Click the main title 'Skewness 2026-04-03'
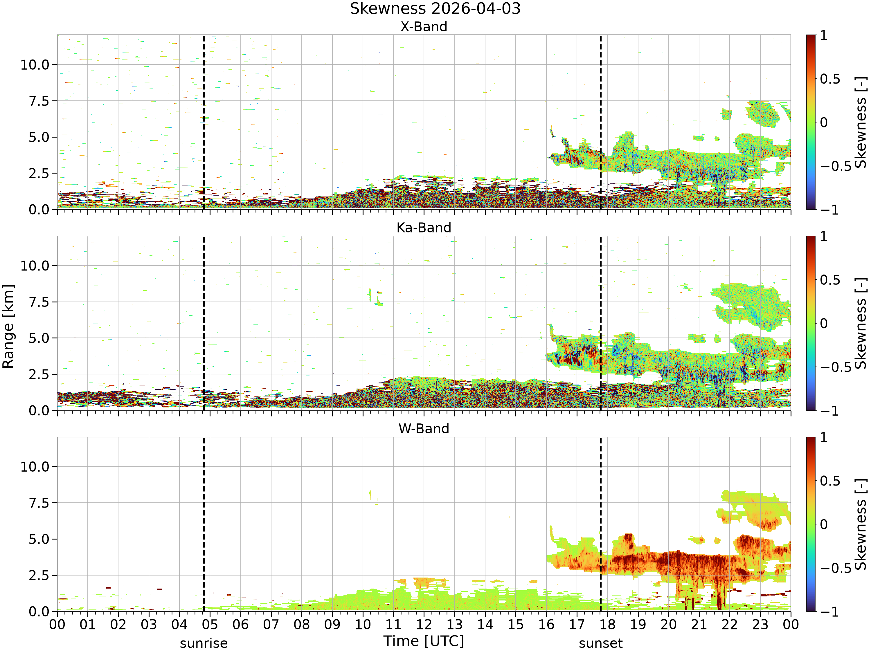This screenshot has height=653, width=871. point(435,9)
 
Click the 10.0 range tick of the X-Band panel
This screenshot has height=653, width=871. point(35,65)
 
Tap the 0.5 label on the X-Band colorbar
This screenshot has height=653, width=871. point(830,79)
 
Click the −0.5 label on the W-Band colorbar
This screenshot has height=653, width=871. point(836,568)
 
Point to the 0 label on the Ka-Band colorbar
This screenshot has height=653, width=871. point(824,324)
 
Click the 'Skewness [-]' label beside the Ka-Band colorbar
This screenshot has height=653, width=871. point(861,324)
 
